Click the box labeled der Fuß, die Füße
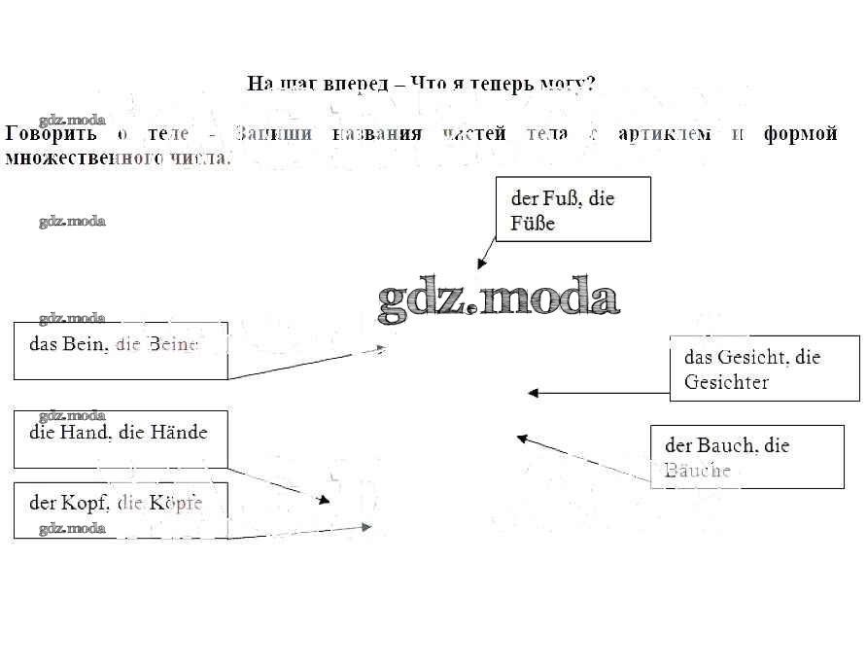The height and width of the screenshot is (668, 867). point(572,209)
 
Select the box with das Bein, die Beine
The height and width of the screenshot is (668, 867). point(121,350)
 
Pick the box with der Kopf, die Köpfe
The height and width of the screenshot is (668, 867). point(121,510)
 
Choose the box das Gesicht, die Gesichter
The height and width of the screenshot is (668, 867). point(764,368)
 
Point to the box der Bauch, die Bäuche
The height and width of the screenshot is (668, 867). point(746,456)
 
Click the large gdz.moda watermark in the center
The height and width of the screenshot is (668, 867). point(498,299)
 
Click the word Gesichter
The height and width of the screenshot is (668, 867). point(726,382)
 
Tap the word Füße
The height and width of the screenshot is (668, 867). point(533,224)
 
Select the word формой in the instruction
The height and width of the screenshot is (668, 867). point(801,134)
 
